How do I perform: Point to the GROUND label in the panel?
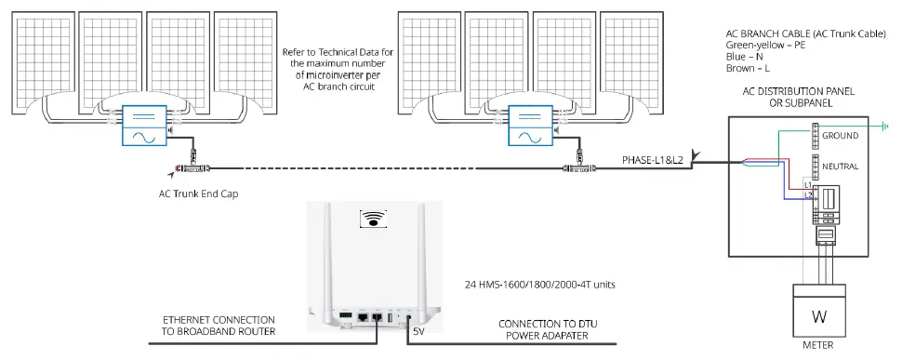click(840, 136)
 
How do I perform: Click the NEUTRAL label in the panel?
click(841, 166)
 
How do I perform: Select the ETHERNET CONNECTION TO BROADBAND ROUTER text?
click(219, 325)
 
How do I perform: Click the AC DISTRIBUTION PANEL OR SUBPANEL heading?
click(798, 96)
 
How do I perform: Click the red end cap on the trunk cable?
click(171, 170)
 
